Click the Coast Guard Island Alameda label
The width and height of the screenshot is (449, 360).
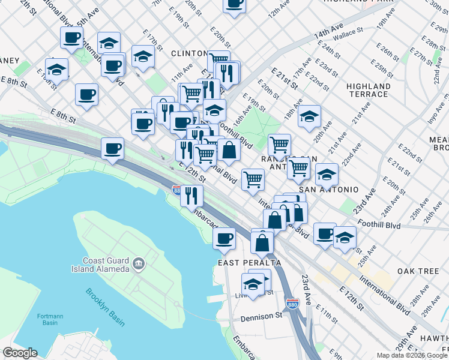tap(106, 265)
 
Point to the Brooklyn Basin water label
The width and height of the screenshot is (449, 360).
tap(104, 308)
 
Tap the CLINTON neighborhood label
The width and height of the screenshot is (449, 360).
tap(189, 53)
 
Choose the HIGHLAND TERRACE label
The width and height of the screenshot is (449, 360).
tap(368, 90)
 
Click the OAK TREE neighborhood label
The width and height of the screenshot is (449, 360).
tap(420, 271)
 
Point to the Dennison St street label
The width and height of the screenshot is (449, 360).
tap(262, 316)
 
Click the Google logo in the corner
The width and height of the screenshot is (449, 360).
tap(20, 353)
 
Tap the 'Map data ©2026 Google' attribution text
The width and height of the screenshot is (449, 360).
tap(412, 355)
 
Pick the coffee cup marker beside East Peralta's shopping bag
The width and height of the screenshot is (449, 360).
tap(225, 239)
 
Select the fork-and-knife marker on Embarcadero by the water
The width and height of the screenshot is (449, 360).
tap(191, 196)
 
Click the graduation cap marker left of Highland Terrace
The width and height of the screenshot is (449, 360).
tap(309, 116)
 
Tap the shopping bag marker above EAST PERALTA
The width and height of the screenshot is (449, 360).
tap(262, 242)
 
